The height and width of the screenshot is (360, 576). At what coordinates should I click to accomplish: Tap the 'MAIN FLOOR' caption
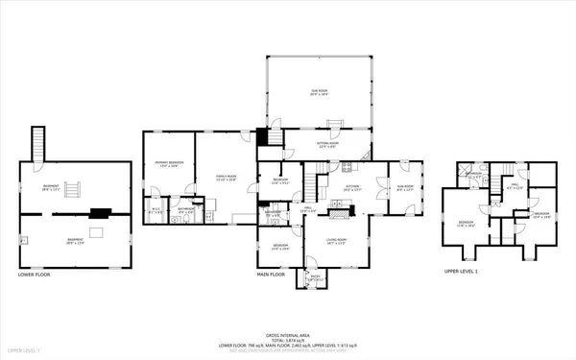tap(271, 275)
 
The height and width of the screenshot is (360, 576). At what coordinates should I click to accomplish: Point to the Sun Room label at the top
tap(319, 93)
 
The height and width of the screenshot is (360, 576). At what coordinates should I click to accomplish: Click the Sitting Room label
tap(327, 145)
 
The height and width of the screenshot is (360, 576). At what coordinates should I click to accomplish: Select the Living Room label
tap(335, 240)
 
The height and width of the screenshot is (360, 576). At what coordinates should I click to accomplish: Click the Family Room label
tap(227, 178)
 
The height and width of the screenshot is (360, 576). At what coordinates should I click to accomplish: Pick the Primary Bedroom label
tap(169, 166)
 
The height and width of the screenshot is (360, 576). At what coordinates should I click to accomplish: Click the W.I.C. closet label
tap(156, 210)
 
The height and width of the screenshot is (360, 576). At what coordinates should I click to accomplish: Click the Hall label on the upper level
tap(514, 186)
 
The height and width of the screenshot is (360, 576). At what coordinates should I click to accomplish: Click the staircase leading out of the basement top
tap(39, 147)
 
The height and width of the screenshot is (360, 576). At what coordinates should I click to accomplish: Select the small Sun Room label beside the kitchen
tap(405, 188)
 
